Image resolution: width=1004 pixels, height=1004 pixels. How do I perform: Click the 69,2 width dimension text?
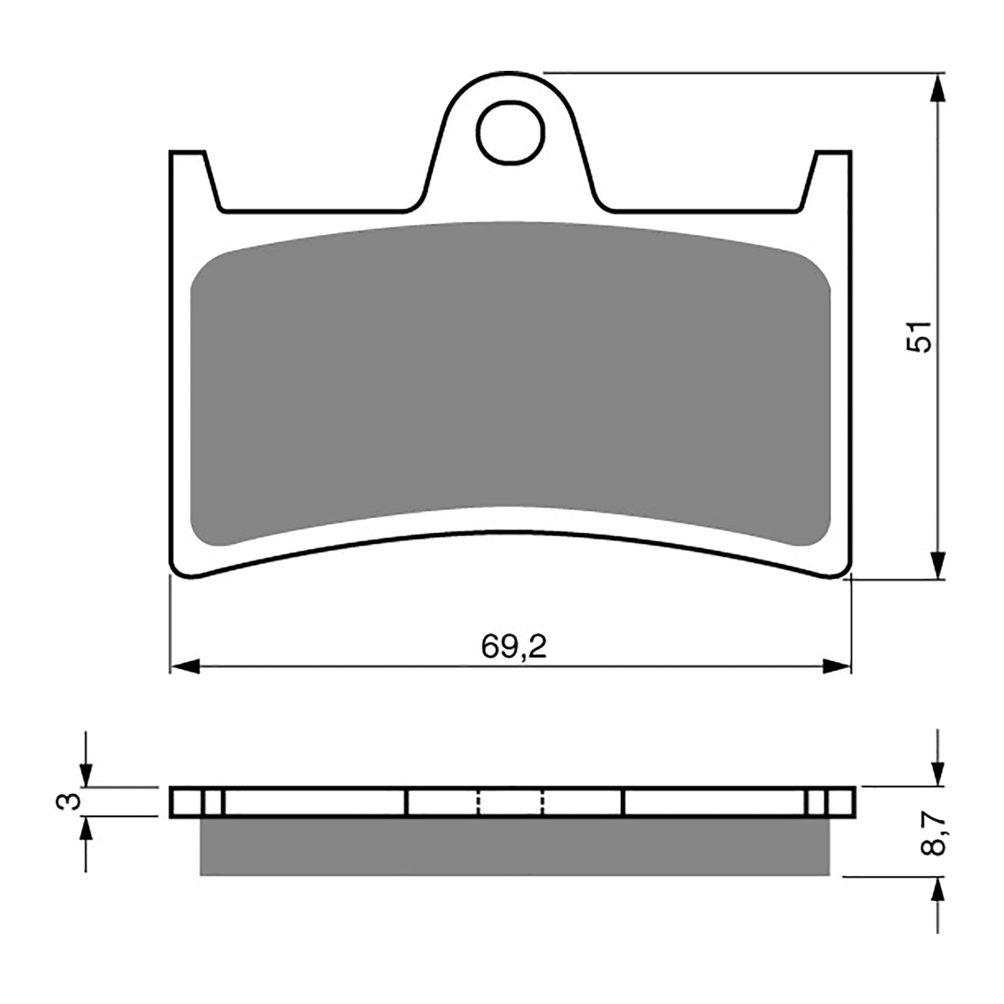point(514,647)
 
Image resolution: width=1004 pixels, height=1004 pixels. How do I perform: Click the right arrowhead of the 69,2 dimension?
point(837,667)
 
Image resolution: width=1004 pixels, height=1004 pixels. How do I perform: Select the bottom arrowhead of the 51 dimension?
point(937,565)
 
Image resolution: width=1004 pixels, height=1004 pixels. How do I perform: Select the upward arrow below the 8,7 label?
point(937,891)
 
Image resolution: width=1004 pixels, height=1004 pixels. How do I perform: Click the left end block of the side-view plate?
point(186,802)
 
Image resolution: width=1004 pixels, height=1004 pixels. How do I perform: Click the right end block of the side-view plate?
point(840,802)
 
